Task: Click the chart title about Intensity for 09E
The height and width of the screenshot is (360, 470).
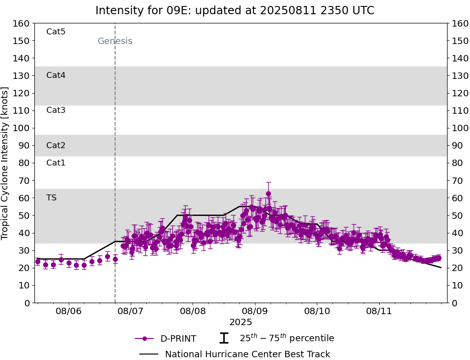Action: [x=235, y=11]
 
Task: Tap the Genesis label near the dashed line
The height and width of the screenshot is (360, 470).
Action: [x=115, y=41]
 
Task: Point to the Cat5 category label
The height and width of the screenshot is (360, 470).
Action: [x=56, y=32]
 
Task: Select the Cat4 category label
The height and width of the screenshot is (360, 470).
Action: [x=56, y=75]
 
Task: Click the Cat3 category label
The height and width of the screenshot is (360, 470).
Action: [x=56, y=110]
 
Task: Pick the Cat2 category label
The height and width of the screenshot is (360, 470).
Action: [x=56, y=145]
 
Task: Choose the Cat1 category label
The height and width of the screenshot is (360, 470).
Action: [x=56, y=163]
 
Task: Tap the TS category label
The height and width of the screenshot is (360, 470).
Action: [x=51, y=198]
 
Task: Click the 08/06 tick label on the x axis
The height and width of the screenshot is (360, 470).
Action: [x=69, y=311]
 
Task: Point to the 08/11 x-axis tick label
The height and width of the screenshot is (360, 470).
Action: [x=379, y=311]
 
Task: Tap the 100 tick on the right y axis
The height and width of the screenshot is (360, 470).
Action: [x=460, y=128]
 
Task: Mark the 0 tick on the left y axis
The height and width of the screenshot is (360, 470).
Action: [x=27, y=303]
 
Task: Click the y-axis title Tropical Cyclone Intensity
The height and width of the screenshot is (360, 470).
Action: [x=6, y=163]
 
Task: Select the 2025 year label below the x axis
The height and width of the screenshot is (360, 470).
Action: [x=241, y=322]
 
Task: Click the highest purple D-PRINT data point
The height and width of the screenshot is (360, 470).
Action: [x=268, y=194]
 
